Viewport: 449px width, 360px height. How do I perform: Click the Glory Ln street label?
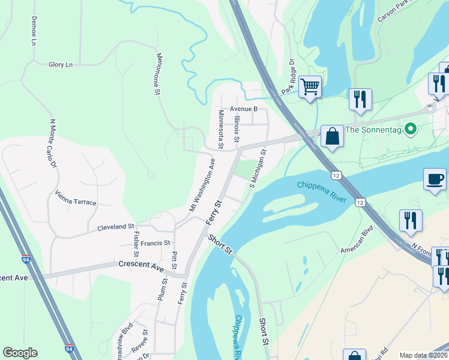tap(61, 64)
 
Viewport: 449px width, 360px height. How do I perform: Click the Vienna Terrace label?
tap(75, 198)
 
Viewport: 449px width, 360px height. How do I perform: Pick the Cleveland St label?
tap(115, 227)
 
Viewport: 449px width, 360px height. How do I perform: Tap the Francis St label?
tap(155, 244)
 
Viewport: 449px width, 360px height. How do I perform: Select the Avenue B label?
tap(243, 109)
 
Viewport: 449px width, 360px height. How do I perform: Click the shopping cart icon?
tap(310, 87)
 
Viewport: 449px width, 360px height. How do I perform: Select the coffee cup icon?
tap(435, 179)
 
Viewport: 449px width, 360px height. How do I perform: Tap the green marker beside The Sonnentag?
tap(411, 128)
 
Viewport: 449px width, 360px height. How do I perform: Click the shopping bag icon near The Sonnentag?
tap(332, 136)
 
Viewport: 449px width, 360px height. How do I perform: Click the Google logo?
tap(20, 353)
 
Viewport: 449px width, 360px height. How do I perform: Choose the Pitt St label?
tap(174, 260)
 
